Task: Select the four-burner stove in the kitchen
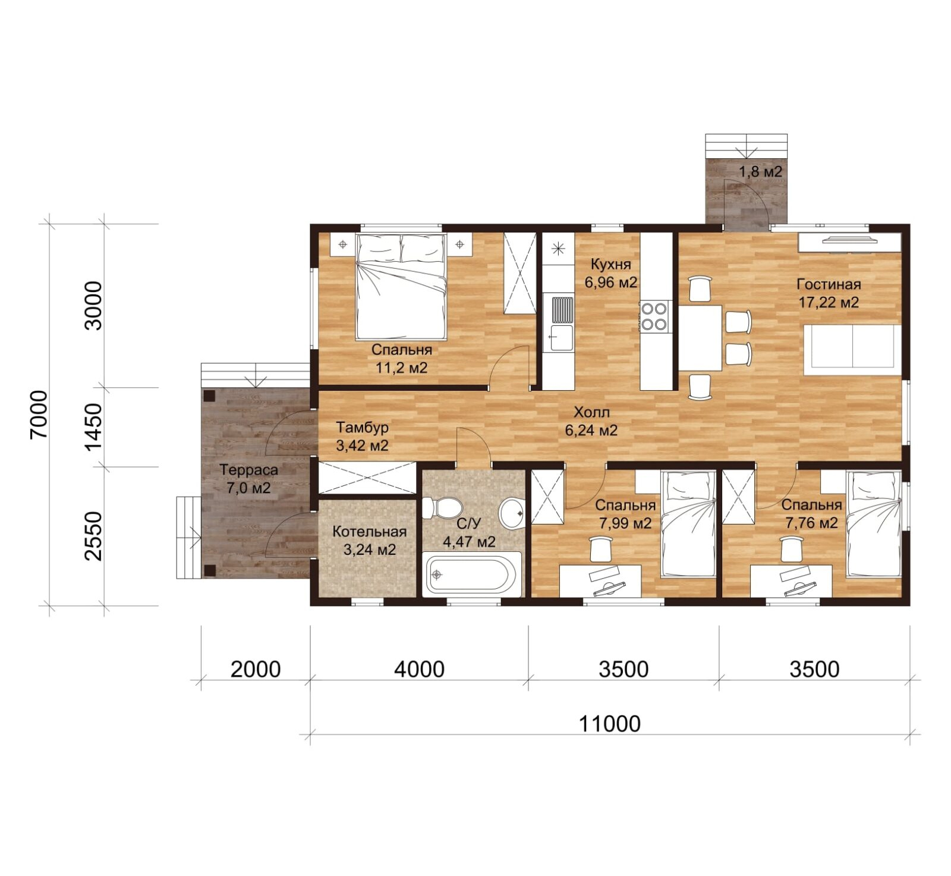[x=654, y=316]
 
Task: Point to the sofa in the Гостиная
[x=852, y=350]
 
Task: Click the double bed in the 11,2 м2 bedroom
[x=401, y=287]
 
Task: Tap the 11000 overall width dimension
[x=610, y=724]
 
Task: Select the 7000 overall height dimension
[x=39, y=415]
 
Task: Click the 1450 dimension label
[x=94, y=427]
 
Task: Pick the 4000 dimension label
[x=419, y=669]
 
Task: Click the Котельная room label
[x=369, y=532]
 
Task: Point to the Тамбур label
[x=362, y=428]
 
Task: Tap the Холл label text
[x=591, y=412]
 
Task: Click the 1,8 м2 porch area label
[x=760, y=172]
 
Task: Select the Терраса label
[x=248, y=470]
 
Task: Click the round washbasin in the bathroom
[x=511, y=513]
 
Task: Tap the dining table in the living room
[x=700, y=338]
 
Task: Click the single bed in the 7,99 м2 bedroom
[x=688, y=523]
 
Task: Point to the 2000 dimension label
[x=256, y=669]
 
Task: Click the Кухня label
[x=610, y=264]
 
